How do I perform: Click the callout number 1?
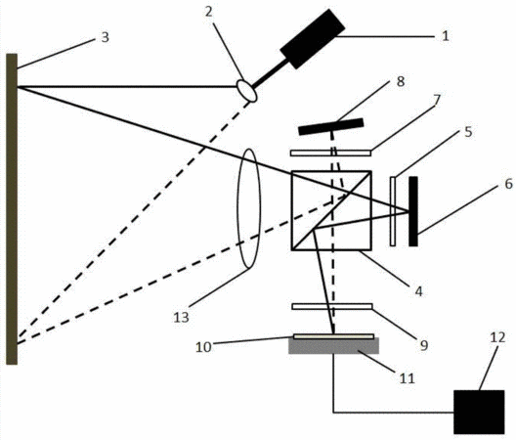[x=446, y=35]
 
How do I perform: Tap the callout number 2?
[x=208, y=12]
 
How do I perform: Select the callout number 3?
[x=105, y=37]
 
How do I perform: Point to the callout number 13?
[x=182, y=317]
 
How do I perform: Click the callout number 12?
[x=497, y=337]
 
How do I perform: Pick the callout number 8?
[x=401, y=81]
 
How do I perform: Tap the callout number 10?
[x=203, y=347]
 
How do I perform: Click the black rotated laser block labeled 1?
[x=313, y=39]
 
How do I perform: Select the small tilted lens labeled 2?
[x=247, y=90]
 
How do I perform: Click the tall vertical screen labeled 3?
[x=12, y=209]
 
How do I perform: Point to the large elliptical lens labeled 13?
[x=249, y=208]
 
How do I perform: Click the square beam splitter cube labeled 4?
[x=331, y=210]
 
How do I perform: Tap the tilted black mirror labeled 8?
[x=331, y=126]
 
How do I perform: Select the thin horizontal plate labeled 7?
[x=330, y=153]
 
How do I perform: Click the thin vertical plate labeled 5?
[x=393, y=211]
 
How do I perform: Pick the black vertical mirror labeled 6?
[x=413, y=211]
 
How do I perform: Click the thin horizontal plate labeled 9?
[x=332, y=306]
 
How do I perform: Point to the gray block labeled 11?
[x=333, y=346]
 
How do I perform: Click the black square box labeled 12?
[x=479, y=412]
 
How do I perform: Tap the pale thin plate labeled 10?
[x=333, y=336]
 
